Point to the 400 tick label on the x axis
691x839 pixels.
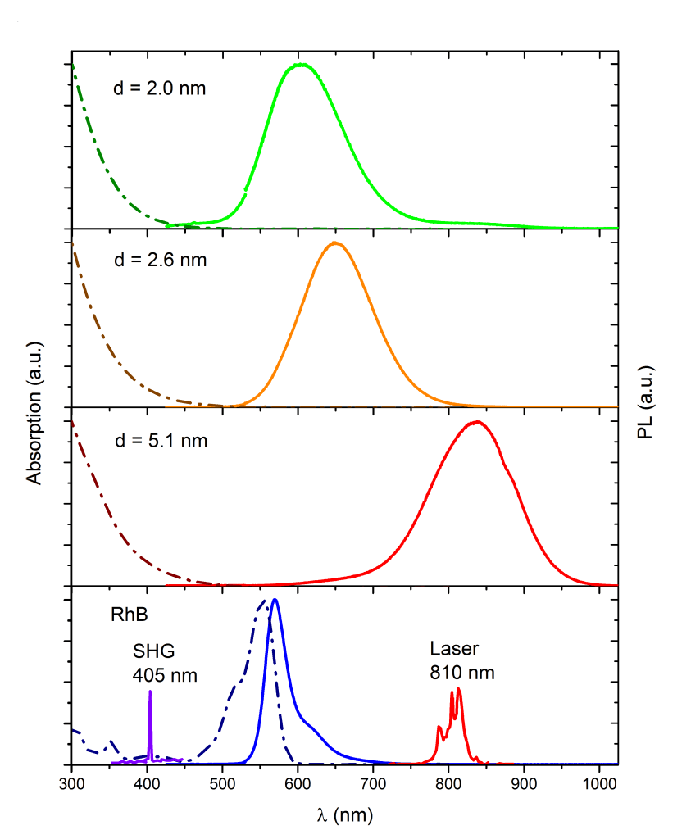point(148,782)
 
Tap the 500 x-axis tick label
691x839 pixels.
point(223,782)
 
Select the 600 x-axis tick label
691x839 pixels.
point(298,782)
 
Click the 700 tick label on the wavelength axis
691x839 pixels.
point(374,782)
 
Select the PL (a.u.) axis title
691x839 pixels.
point(648,401)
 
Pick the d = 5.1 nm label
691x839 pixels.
point(161,441)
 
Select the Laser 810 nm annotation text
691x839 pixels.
point(462,660)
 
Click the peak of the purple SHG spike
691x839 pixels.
point(150,692)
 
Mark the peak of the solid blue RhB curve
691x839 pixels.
point(275,600)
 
